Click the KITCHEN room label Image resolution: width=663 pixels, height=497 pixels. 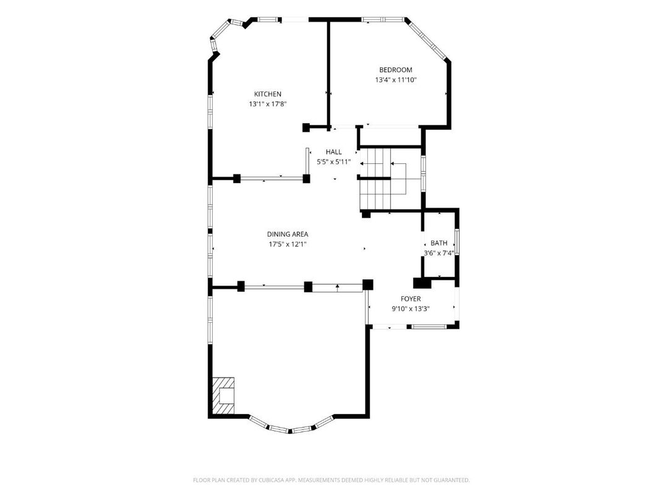[x=267, y=94]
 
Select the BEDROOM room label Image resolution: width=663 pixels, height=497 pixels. [x=395, y=70]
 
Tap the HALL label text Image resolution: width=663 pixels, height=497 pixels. [x=333, y=152]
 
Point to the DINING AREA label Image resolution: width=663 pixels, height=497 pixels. [x=288, y=234]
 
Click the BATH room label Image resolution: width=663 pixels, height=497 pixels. [x=439, y=243]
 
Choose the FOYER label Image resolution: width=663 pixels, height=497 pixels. [x=410, y=299]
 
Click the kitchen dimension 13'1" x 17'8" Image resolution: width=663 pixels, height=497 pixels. [x=267, y=104]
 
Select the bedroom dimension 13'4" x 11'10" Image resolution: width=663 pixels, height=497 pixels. [x=395, y=80]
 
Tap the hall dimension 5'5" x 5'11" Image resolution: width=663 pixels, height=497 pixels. [x=333, y=162]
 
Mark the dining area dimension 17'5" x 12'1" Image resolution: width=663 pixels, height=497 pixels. [x=288, y=244]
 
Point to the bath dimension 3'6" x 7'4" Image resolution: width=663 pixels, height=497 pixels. [x=439, y=253]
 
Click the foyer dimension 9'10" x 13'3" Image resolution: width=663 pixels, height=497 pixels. [x=410, y=309]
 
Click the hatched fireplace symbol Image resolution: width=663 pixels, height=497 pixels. [x=223, y=395]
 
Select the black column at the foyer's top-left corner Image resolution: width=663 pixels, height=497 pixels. [x=368, y=285]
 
